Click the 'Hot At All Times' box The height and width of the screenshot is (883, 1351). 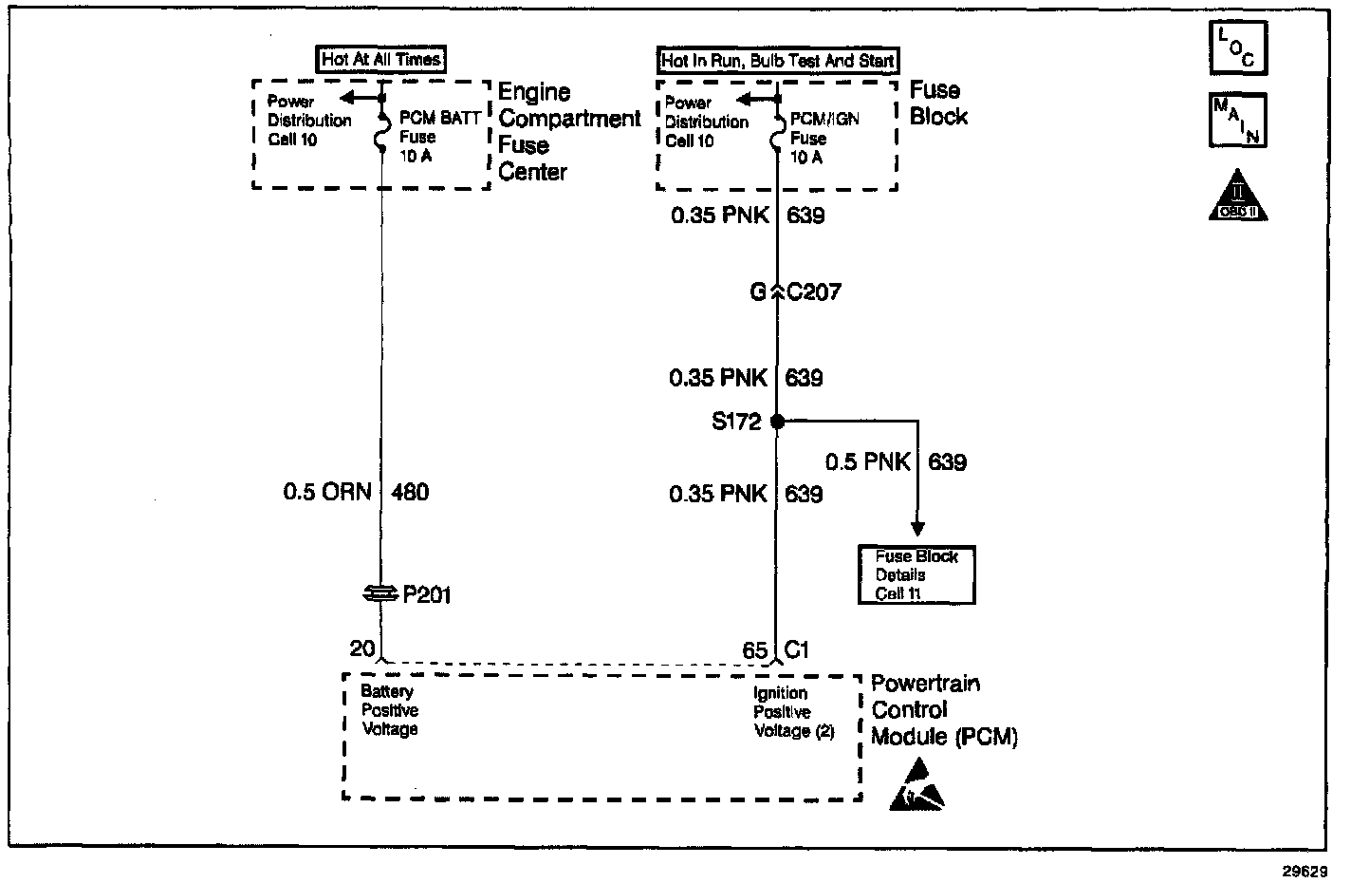coord(380,59)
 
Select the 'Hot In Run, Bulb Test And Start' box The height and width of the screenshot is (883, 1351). coord(777,61)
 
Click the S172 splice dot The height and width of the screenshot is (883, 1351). coord(777,421)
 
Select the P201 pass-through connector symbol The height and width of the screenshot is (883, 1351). coord(381,593)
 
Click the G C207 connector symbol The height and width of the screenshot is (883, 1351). coord(777,291)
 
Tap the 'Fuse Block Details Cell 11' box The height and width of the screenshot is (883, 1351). coord(916,575)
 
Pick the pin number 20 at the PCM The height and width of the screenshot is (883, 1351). coord(362,648)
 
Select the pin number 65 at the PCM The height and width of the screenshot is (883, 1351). coord(754,650)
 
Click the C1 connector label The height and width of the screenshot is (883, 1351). coord(797,650)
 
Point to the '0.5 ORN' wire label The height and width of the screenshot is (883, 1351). coord(327,492)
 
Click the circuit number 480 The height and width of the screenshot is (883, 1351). coord(410,492)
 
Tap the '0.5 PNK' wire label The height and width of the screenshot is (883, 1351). coord(867,462)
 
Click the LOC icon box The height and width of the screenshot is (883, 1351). coord(1237,47)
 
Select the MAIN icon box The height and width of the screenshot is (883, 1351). coord(1237,120)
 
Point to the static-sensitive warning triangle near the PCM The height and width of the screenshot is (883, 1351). coord(916,785)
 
